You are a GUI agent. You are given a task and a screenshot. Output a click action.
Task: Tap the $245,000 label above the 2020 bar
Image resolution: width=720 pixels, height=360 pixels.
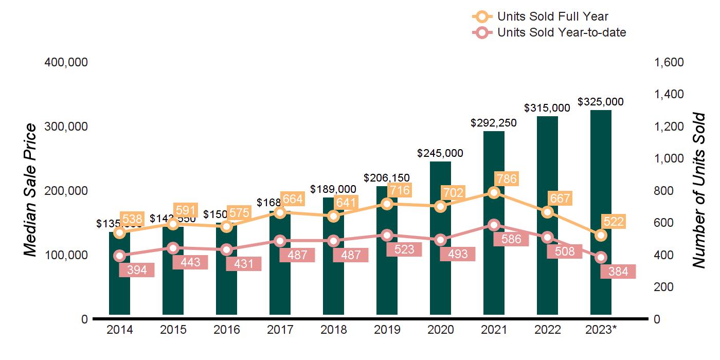pos(440,153)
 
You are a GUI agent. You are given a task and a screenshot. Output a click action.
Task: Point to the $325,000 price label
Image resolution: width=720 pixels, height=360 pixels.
pos(601,102)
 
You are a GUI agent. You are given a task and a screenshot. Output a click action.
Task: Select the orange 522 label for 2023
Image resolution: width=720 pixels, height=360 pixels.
pos(614,222)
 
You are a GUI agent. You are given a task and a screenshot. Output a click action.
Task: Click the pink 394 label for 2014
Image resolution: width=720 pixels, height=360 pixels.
pos(137,270)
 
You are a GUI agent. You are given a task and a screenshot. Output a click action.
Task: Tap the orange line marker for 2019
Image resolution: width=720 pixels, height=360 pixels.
pos(387,204)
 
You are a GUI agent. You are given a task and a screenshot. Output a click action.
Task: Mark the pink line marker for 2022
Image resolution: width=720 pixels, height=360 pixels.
pos(547,237)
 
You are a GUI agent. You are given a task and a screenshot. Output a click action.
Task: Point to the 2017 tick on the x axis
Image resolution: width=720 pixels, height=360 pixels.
pos(280,330)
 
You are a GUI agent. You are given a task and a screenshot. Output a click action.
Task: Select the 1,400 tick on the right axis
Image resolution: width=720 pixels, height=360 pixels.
pos(669,95)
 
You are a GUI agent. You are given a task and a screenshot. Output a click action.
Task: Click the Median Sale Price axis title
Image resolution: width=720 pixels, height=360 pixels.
pos(31,190)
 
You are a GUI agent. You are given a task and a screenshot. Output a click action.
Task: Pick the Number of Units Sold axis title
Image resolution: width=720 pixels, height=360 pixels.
pos(698,190)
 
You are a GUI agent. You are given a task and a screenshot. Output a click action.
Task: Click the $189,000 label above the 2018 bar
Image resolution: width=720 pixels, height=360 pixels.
pos(333,189)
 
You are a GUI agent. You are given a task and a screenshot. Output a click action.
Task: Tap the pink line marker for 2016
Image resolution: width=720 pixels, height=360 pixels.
pos(226,250)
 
